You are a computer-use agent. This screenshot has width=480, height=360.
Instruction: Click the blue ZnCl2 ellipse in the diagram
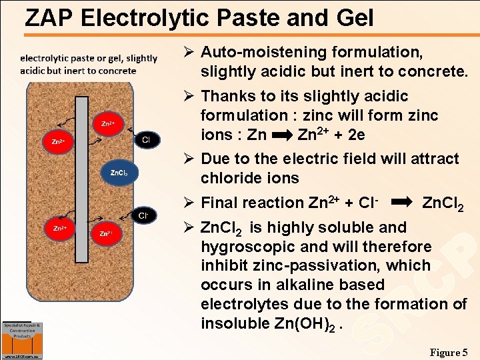coord(119,173)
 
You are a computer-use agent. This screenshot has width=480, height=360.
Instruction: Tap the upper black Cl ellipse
coord(145,139)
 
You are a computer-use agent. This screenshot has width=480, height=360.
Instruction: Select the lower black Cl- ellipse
coord(143,215)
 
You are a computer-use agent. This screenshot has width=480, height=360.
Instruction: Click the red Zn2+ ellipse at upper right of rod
coord(107,123)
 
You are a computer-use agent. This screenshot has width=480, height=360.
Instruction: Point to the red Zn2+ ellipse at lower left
coord(57,227)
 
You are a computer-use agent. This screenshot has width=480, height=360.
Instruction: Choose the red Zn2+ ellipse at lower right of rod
coord(105,233)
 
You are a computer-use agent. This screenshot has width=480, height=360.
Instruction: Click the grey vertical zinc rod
coord(82,179)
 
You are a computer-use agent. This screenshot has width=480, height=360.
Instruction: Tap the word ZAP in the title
coord(49,17)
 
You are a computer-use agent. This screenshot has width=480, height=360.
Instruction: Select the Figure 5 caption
coord(449,352)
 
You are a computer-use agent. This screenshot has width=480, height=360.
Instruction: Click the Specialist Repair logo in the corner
coord(23,339)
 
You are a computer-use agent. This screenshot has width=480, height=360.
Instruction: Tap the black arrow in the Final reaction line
coord(401,201)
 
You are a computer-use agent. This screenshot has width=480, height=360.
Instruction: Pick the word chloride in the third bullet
coord(231,178)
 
